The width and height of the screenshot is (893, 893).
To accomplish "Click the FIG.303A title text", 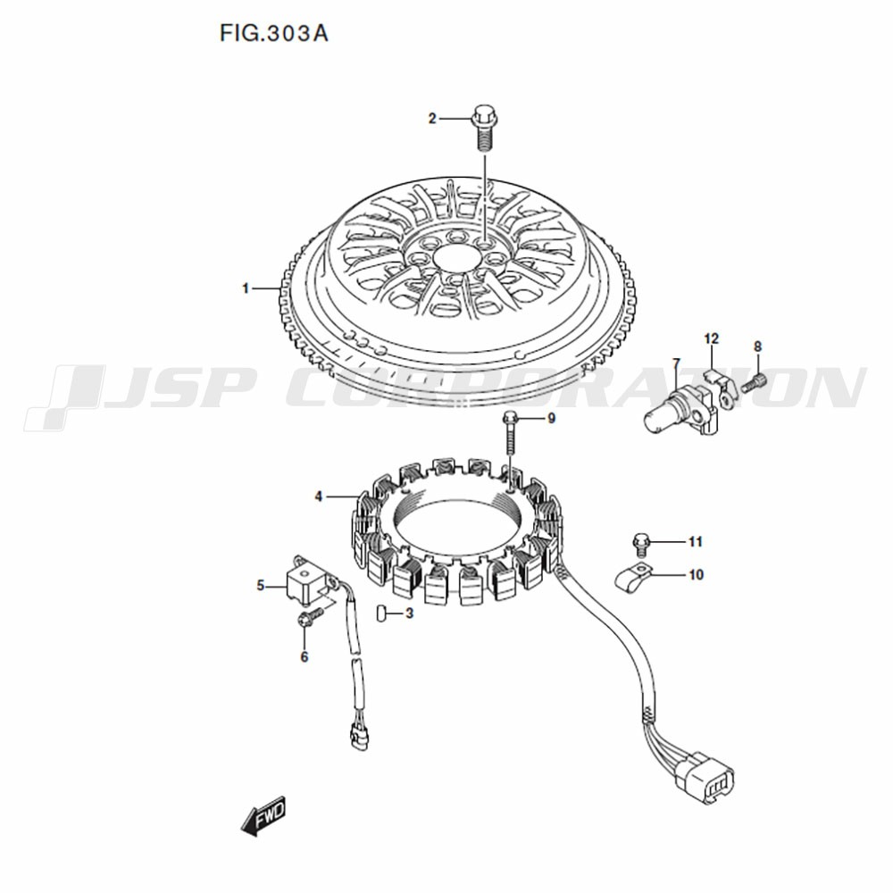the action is pyautogui.click(x=274, y=34).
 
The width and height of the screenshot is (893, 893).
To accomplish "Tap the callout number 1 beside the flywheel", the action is pyautogui.click(x=246, y=288).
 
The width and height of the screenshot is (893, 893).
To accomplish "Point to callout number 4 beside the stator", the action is pyautogui.click(x=319, y=497).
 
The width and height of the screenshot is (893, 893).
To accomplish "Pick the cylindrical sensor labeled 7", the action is pyautogui.click(x=681, y=408).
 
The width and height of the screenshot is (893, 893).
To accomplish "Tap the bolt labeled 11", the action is pyautogui.click(x=641, y=543).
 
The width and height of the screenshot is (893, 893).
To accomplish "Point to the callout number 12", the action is pyautogui.click(x=712, y=339).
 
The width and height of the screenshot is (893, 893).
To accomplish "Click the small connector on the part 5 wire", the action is pyautogui.click(x=360, y=739).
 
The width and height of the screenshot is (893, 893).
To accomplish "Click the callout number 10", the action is pyautogui.click(x=696, y=574).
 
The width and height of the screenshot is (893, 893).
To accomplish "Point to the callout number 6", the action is pyautogui.click(x=305, y=656).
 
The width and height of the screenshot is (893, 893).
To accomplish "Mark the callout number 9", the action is pyautogui.click(x=551, y=419).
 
